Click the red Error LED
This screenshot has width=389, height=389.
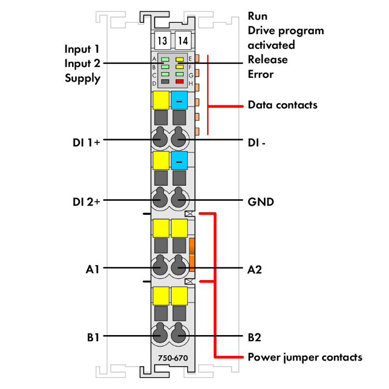tap(180, 82)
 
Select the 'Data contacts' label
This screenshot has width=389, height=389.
tap(282, 105)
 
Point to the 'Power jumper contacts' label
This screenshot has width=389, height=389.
tap(305, 357)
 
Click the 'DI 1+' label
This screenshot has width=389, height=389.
tap(87, 140)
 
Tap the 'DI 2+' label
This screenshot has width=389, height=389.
tap(87, 201)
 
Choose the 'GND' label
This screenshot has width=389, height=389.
tap(261, 201)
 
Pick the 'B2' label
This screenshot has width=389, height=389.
tap(254, 337)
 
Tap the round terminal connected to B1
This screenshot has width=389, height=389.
tap(160, 335)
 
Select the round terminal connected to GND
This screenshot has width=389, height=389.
tap(179, 199)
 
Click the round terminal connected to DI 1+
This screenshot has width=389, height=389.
tap(160, 138)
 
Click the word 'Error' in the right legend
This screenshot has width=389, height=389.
tap(260, 74)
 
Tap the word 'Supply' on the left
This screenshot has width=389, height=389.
tap(82, 79)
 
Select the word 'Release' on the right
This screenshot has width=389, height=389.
tap(267, 60)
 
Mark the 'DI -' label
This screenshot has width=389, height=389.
tap(257, 140)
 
